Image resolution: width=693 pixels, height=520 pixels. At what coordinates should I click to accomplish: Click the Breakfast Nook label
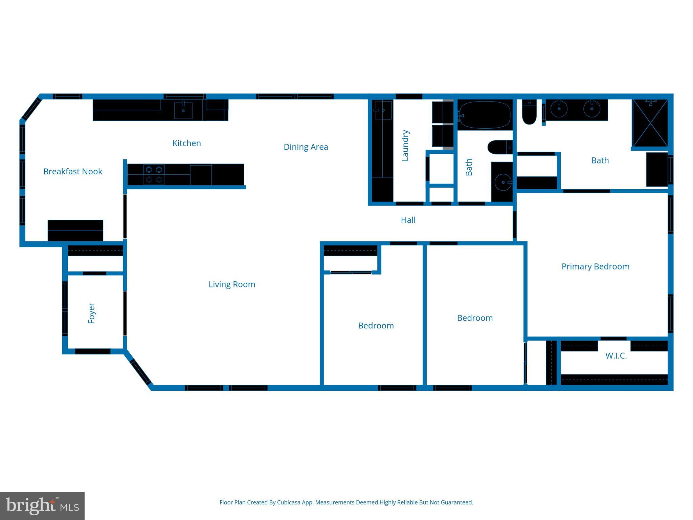coord(73,171)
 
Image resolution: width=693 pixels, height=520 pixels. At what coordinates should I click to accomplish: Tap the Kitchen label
coord(186,143)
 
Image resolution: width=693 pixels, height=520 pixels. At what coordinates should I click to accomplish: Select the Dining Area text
coord(306,147)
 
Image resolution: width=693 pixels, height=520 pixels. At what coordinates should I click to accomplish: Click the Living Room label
coord(232,284)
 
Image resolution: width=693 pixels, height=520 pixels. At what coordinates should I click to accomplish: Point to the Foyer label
coord(91,313)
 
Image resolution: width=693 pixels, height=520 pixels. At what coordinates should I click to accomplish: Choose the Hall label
coord(408,220)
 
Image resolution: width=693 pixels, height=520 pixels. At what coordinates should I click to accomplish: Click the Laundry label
coord(405,145)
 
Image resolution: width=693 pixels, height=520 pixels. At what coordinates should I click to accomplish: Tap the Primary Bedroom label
coord(595,266)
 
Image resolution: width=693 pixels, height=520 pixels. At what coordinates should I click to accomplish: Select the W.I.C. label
coord(616,356)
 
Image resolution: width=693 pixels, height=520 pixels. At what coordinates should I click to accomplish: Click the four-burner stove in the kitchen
coord(154,174)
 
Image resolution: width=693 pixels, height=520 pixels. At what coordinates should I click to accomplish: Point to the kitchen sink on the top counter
coord(183,110)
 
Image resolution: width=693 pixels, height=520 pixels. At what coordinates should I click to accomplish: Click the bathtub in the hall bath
coord(485,115)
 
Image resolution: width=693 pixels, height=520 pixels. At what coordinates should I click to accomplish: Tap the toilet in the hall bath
coord(499,147)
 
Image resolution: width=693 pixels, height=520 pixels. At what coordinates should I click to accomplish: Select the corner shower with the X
coord(650,123)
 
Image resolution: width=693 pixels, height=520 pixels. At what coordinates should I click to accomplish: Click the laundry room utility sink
coord(383,110)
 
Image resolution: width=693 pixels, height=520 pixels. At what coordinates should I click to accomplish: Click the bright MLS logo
coord(42,506)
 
